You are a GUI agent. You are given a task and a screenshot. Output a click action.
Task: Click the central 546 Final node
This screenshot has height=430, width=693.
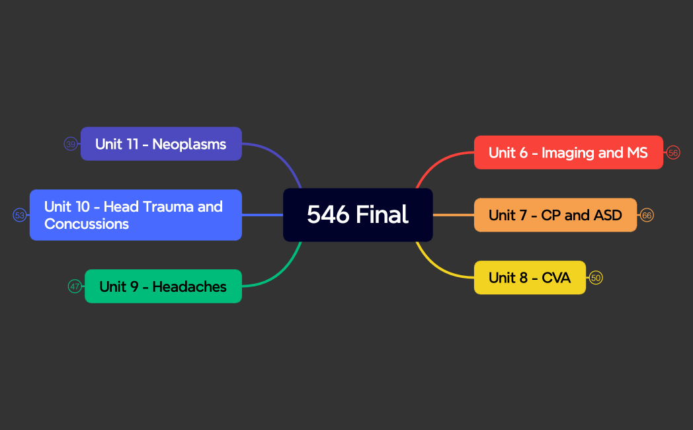click(358, 215)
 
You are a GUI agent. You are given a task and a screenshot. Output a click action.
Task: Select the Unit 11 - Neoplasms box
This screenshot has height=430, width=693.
click(161, 144)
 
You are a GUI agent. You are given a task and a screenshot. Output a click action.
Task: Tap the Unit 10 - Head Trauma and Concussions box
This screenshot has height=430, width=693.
click(136, 215)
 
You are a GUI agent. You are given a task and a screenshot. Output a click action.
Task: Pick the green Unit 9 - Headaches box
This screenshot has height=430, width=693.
click(163, 286)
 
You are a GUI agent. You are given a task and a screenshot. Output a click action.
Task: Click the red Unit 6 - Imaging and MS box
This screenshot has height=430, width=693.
click(568, 152)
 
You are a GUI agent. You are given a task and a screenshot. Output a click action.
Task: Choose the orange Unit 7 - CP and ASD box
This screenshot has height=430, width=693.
click(555, 215)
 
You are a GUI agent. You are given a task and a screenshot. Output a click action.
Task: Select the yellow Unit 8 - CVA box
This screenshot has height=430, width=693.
click(530, 278)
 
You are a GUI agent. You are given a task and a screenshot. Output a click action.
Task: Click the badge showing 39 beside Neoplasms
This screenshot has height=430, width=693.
click(70, 144)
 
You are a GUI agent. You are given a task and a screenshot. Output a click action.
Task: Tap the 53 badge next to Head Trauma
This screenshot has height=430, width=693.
click(19, 215)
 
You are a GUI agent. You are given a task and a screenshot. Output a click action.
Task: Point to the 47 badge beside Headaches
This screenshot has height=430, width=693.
click(75, 286)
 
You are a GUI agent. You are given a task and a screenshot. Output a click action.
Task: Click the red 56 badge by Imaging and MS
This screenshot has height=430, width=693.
click(673, 152)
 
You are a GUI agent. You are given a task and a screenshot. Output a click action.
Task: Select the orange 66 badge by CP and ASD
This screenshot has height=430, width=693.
click(647, 215)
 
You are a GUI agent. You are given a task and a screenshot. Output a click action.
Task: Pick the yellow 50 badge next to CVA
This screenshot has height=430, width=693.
click(596, 278)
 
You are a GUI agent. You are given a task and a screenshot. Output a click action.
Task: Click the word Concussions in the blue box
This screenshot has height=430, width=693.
click(87, 224)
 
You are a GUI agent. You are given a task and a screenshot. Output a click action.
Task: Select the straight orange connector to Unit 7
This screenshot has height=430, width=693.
click(453, 215)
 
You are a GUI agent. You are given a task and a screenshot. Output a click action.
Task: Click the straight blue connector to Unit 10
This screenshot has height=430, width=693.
click(262, 215)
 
